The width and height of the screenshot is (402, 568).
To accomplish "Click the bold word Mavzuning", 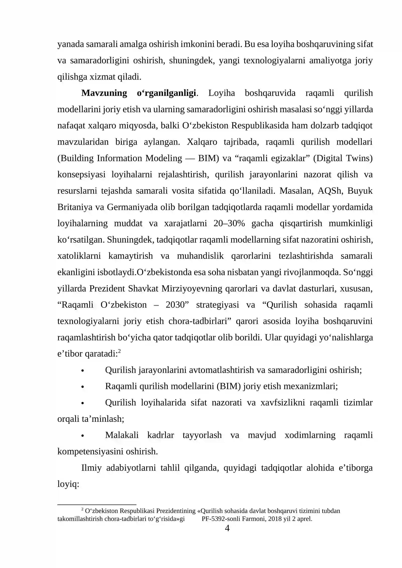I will (x=104, y=93).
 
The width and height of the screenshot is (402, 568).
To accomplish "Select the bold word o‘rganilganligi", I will (x=166, y=93).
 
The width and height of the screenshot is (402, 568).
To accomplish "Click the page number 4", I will (x=227, y=528).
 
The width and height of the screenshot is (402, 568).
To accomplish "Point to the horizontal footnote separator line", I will (x=97, y=505).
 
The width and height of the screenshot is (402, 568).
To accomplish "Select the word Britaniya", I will (x=73, y=207).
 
